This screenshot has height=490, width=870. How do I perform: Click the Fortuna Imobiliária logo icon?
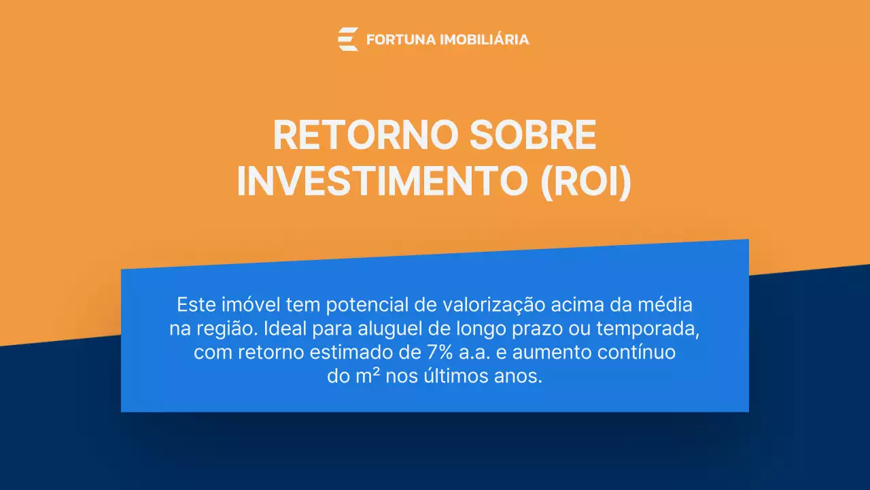click(x=347, y=39)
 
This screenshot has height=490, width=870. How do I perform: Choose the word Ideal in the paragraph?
click(x=284, y=329)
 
